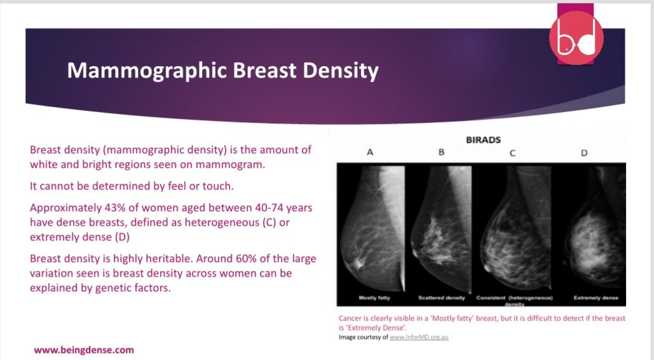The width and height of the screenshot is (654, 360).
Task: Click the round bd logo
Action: tap(576, 38)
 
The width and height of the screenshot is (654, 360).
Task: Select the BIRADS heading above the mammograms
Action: tap(484, 140)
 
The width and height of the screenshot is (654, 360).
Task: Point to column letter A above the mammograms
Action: tap(370, 153)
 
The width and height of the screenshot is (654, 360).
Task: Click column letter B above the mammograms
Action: tap(440, 153)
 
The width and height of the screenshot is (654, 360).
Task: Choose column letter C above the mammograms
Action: tap(512, 153)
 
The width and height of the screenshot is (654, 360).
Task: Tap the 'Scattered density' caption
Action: tap(442, 298)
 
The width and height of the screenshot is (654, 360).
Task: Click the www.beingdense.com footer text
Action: tap(84, 350)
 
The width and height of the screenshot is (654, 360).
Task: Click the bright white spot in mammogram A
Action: tap(360, 261)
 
